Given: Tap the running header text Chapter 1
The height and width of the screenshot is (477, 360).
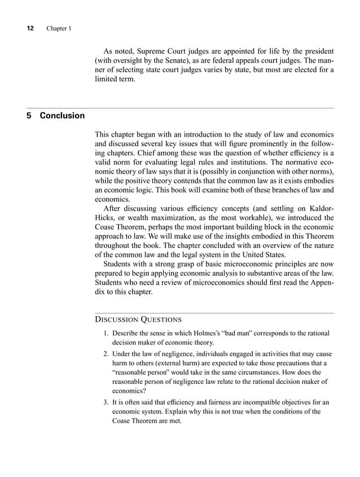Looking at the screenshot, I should click(58, 28).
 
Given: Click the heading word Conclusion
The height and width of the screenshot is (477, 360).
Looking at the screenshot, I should click(62, 116).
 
